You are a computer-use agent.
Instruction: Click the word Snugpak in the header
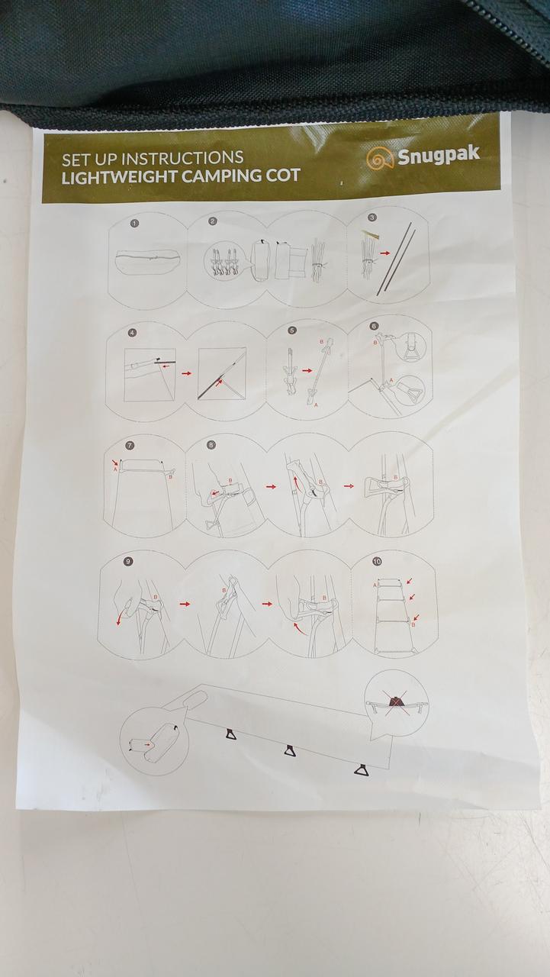pyautogui.click(x=438, y=155)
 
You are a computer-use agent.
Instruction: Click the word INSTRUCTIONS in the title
pyautogui.click(x=182, y=158)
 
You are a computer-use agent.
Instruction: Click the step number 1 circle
pyautogui.click(x=135, y=224)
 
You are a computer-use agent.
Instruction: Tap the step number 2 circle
pyautogui.click(x=213, y=221)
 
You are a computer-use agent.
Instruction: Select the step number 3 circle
pyautogui.click(x=372, y=218)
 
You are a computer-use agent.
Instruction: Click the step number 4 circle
pyautogui.click(x=133, y=332)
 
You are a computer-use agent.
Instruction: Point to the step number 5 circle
pyautogui.click(x=291, y=331)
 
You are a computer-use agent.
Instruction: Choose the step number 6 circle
pyautogui.click(x=374, y=326)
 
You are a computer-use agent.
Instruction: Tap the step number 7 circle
pyautogui.click(x=130, y=445)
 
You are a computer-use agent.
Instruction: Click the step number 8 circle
pyautogui.click(x=211, y=445)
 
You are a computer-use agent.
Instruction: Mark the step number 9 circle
pyautogui.click(x=127, y=562)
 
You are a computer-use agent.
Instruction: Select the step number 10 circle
pyautogui.click(x=377, y=561)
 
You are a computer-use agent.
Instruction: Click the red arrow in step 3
pyautogui.click(x=384, y=253)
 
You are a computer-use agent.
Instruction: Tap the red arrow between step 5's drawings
pyautogui.click(x=307, y=370)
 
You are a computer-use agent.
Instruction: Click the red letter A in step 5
pyautogui.click(x=316, y=405)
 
